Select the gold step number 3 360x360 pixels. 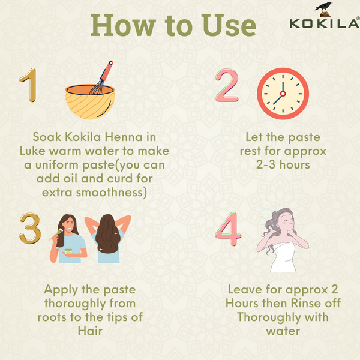pyautogui.click(x=29, y=228)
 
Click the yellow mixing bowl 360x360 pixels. pyautogui.click(x=90, y=102)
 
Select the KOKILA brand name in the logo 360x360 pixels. pyautogui.click(x=325, y=24)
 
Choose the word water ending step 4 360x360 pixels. pyautogui.click(x=283, y=331)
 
